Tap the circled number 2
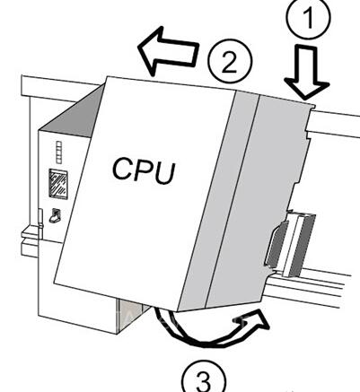[230, 61]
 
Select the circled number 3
[205, 379]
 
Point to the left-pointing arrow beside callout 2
[168, 51]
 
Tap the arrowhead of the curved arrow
[254, 320]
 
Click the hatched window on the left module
[58, 184]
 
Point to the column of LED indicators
[59, 152]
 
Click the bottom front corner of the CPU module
[178, 310]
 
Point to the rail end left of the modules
[30, 240]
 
